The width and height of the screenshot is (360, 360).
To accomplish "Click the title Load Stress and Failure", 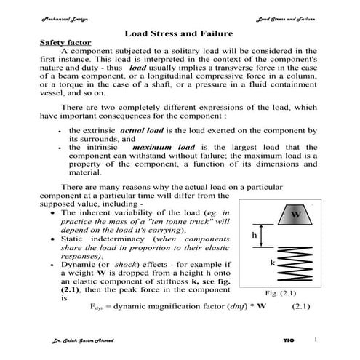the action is coord(178,33).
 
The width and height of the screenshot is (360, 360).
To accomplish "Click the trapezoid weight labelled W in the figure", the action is coord(295,215).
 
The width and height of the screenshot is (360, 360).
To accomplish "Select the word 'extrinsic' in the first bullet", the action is coord(98,129).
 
